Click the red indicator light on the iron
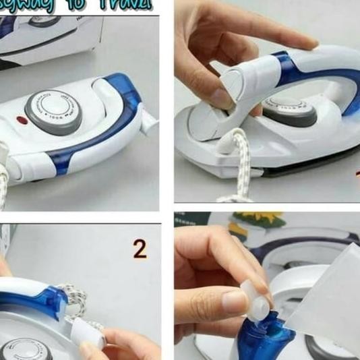20,121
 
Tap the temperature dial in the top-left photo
53,108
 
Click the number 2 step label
140,249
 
